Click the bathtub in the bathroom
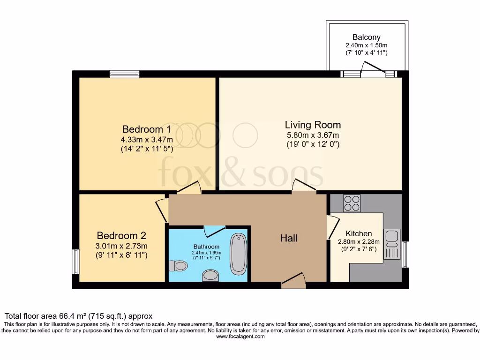(239, 253)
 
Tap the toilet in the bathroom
(178, 266)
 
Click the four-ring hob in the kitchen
(352, 203)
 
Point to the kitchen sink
(391, 244)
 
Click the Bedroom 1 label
(146, 129)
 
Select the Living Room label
(313, 125)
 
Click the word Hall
(289, 238)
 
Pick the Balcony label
(366, 37)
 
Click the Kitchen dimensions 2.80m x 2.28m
(359, 242)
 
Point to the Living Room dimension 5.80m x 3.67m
(313, 135)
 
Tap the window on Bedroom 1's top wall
(124, 74)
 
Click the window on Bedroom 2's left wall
(75, 261)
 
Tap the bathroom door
(215, 230)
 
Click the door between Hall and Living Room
(303, 186)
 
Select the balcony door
(373, 72)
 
